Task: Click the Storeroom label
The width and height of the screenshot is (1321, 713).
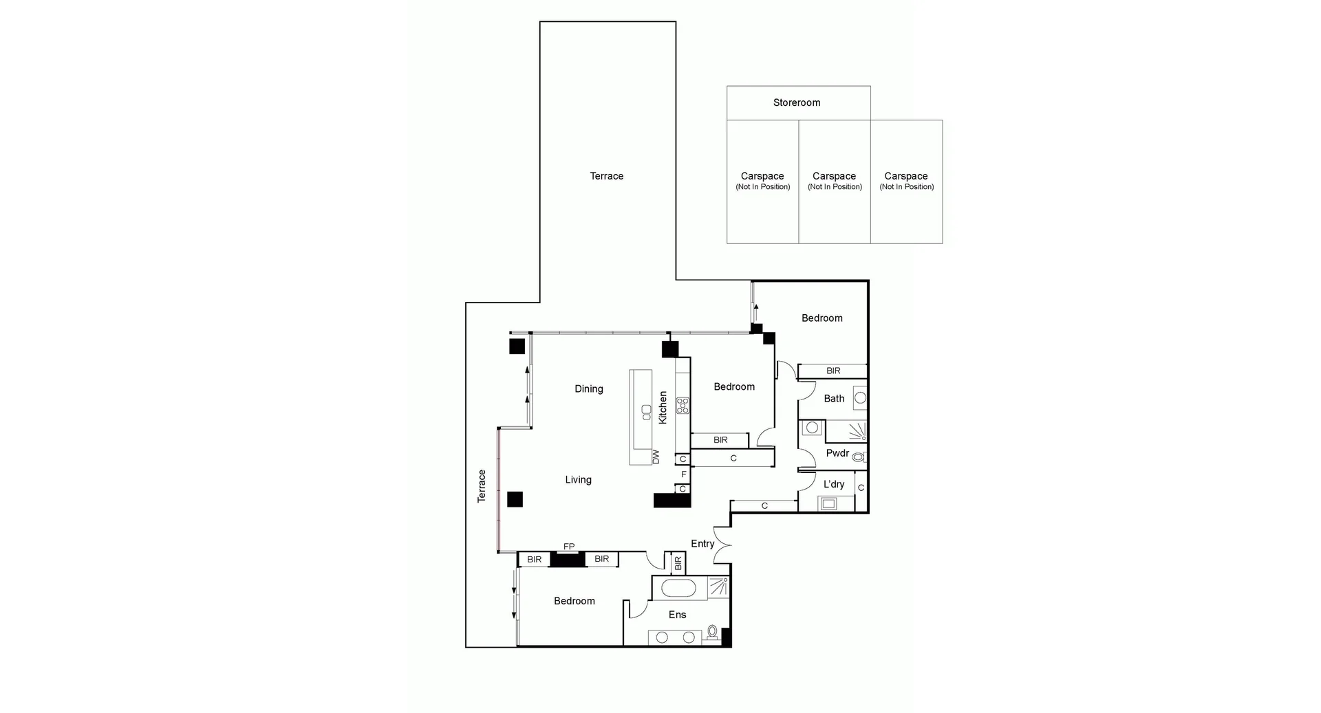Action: [x=796, y=102]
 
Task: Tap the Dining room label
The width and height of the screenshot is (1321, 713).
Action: [x=588, y=388]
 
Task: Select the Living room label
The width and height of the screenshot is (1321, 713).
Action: [x=578, y=480]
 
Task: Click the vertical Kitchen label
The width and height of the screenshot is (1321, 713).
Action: [x=663, y=407]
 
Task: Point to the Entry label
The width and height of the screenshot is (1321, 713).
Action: [x=702, y=543]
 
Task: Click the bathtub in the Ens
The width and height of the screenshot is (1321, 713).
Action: [x=678, y=589]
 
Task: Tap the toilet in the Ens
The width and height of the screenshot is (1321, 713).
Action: [x=712, y=631]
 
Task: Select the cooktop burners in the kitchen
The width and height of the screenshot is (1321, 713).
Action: [x=683, y=405]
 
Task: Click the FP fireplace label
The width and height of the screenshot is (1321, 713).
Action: [x=569, y=547]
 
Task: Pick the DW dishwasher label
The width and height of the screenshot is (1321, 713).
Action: [x=656, y=457]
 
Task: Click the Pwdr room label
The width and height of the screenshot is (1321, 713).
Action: [x=837, y=453]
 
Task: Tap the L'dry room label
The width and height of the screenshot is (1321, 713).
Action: [x=834, y=484]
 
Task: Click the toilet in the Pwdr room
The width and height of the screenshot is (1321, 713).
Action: [x=858, y=457]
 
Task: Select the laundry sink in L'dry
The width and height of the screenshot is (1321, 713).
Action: [x=828, y=504]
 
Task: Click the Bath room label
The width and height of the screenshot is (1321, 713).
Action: [x=834, y=398]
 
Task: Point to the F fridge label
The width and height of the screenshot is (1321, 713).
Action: [x=683, y=474]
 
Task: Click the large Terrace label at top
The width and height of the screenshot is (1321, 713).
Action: [x=606, y=176]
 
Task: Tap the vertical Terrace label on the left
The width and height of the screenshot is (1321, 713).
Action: [x=482, y=485]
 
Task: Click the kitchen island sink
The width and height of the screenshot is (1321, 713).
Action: [x=646, y=412]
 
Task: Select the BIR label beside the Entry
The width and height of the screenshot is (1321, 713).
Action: [x=678, y=563]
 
